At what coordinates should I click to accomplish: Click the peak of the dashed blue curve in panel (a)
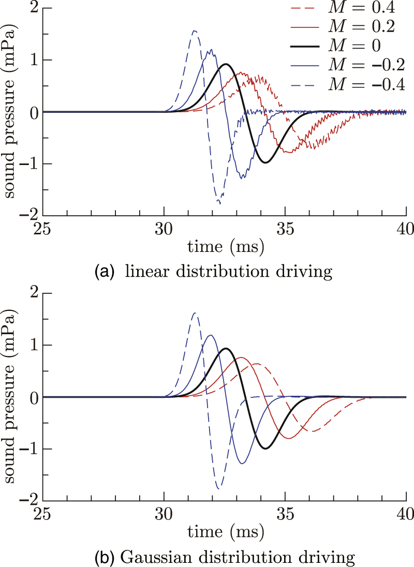coord(195,31)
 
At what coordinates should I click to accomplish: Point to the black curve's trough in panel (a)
coord(265,162)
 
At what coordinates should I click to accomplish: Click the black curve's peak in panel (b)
coord(226,348)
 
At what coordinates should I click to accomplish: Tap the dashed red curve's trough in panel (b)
coord(313,431)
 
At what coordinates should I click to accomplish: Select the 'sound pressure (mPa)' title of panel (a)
coord(10,112)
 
